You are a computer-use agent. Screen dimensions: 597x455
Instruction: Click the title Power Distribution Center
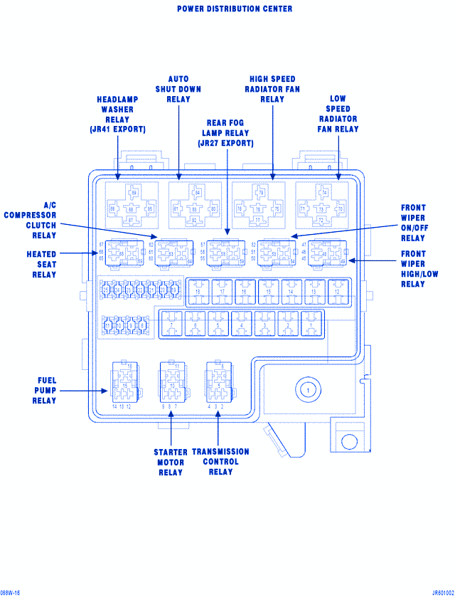(235, 9)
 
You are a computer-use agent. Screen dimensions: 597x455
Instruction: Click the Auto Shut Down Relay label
(178, 89)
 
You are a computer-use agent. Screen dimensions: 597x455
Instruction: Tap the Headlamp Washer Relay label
(118, 115)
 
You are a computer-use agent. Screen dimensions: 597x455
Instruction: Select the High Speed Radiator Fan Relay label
(272, 89)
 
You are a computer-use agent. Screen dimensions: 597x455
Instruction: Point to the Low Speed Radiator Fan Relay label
(338, 114)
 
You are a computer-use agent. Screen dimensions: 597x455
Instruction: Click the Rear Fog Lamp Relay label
(226, 133)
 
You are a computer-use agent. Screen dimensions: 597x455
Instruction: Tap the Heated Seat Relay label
(42, 264)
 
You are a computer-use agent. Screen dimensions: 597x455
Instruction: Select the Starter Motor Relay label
(171, 463)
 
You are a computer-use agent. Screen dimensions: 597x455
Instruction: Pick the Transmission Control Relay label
(220, 462)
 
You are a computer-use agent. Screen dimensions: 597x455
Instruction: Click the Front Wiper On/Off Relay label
(413, 223)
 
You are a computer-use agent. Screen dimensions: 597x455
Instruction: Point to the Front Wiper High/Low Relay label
(413, 269)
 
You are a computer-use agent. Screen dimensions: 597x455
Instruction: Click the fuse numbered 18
(198, 292)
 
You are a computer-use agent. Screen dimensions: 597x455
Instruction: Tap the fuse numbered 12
(337, 292)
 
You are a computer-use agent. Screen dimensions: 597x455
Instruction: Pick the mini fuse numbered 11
(108, 325)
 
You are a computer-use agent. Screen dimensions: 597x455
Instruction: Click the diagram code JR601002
(432, 591)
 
